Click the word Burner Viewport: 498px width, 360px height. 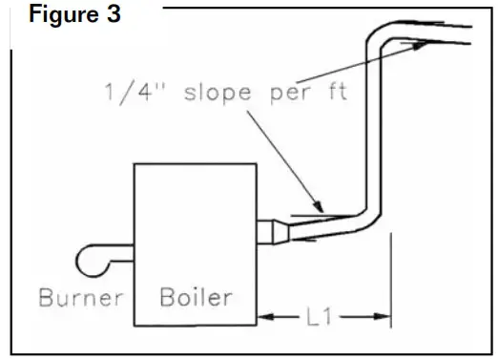81,297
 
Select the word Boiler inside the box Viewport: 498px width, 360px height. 195,297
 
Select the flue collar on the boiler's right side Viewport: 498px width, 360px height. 273,231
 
